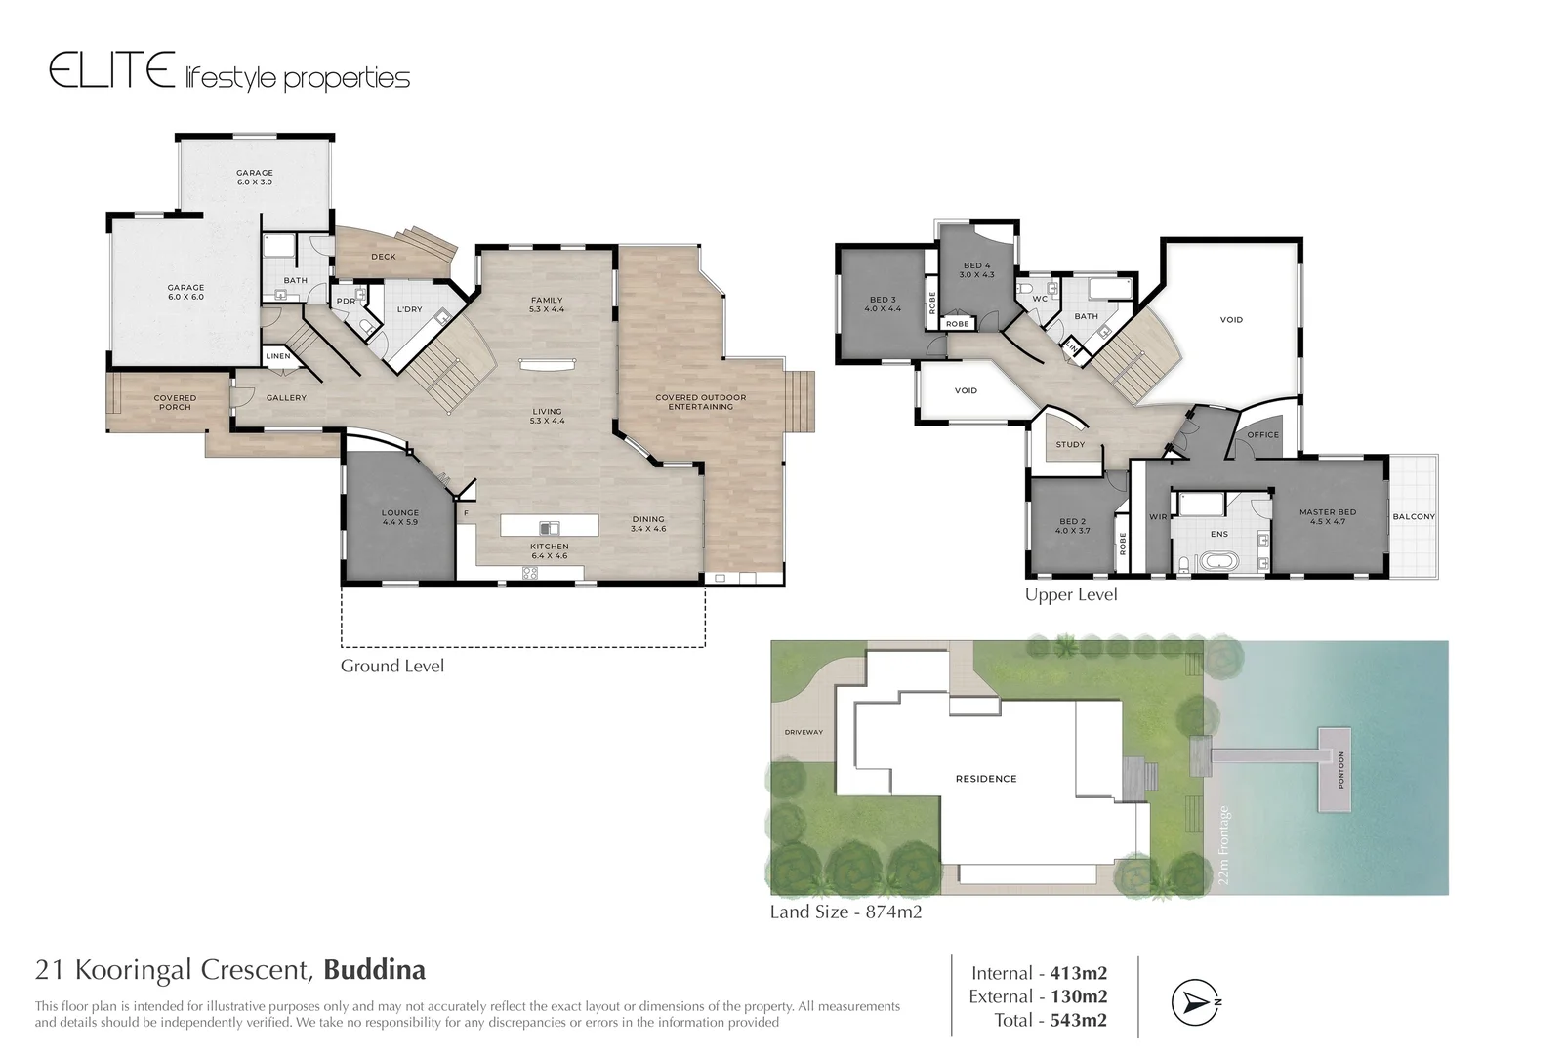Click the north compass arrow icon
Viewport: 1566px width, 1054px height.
coord(1196,1002)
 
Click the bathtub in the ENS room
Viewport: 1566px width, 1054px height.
coord(1217,562)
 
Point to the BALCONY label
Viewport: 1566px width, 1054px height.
coord(1413,516)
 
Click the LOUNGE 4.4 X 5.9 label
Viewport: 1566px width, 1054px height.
coord(400,517)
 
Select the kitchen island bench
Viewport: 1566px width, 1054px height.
coord(549,526)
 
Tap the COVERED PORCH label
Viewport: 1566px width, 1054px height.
coord(175,402)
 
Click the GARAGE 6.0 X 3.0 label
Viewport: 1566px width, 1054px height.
coord(255,178)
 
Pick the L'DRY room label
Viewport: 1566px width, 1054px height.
coord(409,309)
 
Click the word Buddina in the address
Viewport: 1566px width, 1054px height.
coord(374,970)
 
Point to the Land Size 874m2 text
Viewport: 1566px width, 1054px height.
coord(845,912)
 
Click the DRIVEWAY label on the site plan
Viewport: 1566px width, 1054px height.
coord(804,732)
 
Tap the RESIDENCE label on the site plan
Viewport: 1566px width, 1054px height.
coord(986,779)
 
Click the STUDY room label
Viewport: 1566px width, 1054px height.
coord(1070,444)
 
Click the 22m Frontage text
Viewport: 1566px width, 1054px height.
coord(1225,845)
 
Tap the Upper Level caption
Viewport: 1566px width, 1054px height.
coord(1070,594)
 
